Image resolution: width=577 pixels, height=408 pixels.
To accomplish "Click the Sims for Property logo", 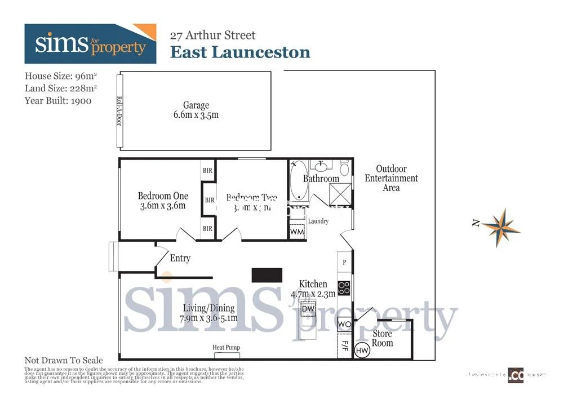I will pyautogui.click(x=90, y=44).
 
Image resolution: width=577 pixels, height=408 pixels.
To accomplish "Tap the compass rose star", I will pyautogui.click(x=501, y=228).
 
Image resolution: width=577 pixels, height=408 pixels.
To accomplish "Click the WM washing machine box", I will pyautogui.click(x=297, y=232).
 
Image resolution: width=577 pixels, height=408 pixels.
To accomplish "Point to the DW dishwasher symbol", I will pyautogui.click(x=308, y=309).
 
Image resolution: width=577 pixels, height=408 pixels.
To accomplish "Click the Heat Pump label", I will pyautogui.click(x=226, y=348).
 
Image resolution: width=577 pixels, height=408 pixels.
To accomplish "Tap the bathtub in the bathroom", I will pyautogui.click(x=298, y=181).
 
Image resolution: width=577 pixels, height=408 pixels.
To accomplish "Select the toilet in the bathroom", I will pyautogui.click(x=344, y=168).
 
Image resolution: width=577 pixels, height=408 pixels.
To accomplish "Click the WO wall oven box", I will pyautogui.click(x=344, y=325).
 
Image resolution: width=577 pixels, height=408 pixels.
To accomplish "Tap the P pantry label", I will pyautogui.click(x=344, y=262).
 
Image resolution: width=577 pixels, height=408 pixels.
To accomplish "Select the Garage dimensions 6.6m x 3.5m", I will pyautogui.click(x=196, y=115).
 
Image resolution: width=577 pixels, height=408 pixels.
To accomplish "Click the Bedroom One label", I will pyautogui.click(x=163, y=196).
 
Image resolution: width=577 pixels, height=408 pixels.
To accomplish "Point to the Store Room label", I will pyautogui.click(x=382, y=338).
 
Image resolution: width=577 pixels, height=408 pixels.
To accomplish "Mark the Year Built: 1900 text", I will pyautogui.click(x=58, y=101).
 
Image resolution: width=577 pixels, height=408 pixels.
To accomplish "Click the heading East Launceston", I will pyautogui.click(x=240, y=52).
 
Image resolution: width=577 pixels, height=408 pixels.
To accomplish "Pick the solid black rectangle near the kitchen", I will pyautogui.click(x=267, y=275).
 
